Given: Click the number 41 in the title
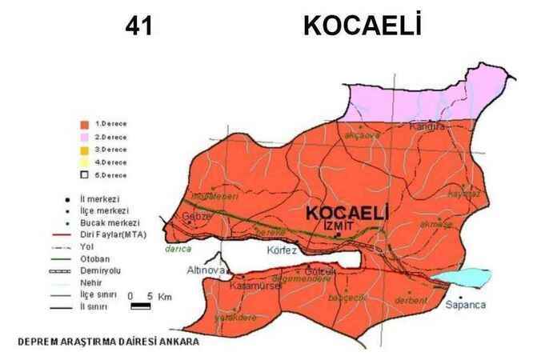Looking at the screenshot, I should coord(138,26).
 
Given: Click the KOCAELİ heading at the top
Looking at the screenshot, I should coord(362,26).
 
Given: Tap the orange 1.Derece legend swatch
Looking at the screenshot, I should coord(83,124).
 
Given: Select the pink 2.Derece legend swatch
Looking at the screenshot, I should coord(83,137).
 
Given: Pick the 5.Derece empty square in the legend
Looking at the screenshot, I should coord(83,174).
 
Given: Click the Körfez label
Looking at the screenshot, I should coord(282,250).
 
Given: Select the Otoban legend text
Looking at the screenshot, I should coord(106,259).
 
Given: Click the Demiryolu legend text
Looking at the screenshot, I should coord(110,270).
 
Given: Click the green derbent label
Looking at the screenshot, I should coord(410,301).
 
